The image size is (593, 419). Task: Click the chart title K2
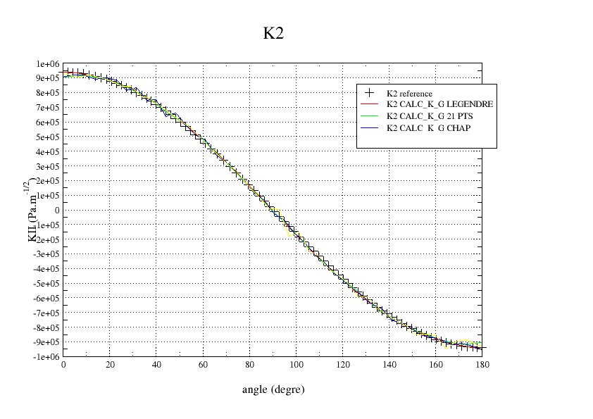[273, 34]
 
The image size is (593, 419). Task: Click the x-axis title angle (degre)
[273, 389]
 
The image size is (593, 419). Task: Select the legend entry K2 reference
[409, 93]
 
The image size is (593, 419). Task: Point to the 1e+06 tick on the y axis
[47, 64]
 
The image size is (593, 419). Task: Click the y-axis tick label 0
[57, 211]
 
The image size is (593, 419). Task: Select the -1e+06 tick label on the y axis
[46, 357]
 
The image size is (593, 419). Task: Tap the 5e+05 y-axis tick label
[47, 137]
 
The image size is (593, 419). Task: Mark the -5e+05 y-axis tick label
[46, 284]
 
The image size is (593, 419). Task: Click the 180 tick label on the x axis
[482, 365]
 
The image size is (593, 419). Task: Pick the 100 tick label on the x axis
[296, 365]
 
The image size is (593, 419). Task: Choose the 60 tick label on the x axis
[203, 365]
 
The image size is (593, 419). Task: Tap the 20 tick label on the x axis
[110, 365]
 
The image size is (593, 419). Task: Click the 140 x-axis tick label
[389, 365]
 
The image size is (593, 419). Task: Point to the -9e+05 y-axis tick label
[46, 342]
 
